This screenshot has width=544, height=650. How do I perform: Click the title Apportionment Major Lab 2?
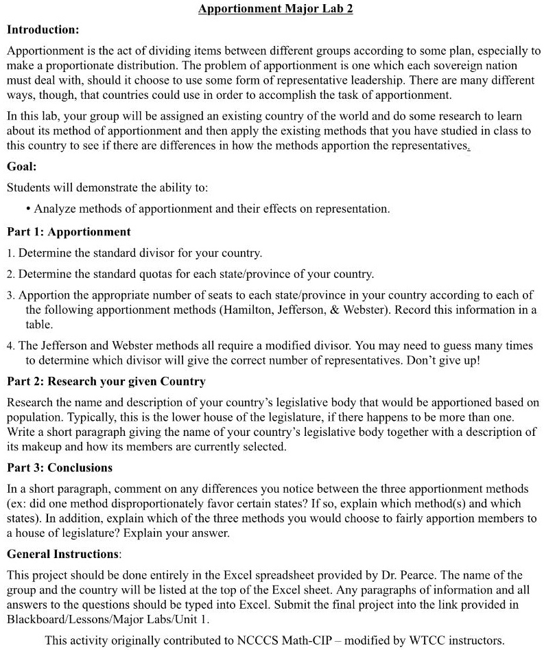pos(275,10)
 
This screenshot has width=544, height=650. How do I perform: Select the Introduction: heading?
pos(43,30)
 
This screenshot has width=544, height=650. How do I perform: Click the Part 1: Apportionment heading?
pos(69,231)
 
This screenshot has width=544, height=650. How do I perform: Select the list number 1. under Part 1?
pos(11,253)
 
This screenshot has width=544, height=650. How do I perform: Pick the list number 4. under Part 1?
pos(11,346)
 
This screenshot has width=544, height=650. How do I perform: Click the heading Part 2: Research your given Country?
pos(106,381)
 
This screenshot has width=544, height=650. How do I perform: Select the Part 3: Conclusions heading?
pos(60,467)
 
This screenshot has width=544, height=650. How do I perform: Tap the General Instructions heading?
pos(63,554)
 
